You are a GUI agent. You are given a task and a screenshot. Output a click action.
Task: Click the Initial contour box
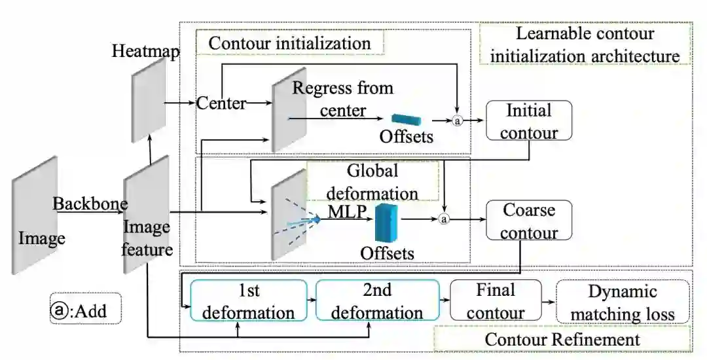(x=529, y=120)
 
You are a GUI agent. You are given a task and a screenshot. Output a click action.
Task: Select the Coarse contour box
(x=529, y=221)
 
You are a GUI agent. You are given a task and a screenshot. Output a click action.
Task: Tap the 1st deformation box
(x=248, y=300)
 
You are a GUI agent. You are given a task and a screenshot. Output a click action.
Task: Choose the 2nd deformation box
(x=376, y=300)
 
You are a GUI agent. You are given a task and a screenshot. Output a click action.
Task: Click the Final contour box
(x=496, y=300)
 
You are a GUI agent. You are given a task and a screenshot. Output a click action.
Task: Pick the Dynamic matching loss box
(x=623, y=302)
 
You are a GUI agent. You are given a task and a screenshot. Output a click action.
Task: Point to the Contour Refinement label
(x=562, y=339)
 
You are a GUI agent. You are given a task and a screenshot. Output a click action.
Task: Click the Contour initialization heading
(x=289, y=43)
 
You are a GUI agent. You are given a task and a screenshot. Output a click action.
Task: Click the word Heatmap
(x=145, y=51)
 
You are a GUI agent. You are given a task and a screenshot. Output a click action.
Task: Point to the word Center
(x=221, y=103)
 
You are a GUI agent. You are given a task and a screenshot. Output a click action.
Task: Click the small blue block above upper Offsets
(x=406, y=120)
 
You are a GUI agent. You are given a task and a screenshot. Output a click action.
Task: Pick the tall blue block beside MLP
(x=386, y=222)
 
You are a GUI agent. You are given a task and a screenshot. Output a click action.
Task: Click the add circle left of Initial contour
(x=458, y=120)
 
